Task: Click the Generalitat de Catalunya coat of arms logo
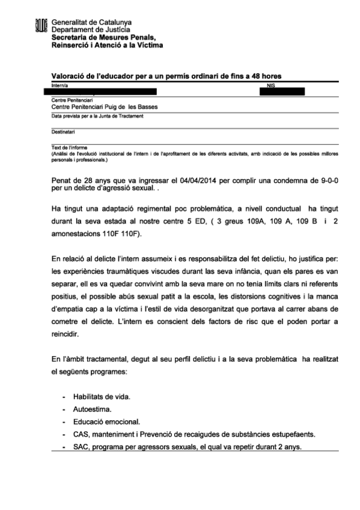coord(41,26)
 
